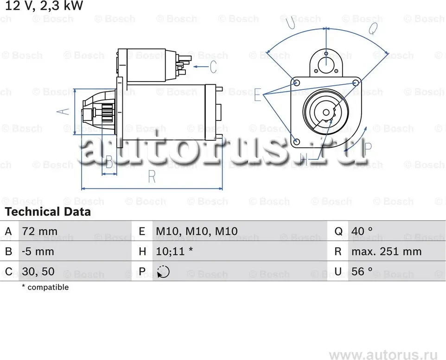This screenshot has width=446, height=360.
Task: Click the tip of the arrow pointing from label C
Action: click(x=193, y=67)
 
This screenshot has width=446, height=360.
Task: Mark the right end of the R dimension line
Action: click(x=223, y=188)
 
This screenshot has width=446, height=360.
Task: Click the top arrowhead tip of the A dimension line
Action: click(x=75, y=89)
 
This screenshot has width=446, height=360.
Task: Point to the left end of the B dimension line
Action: click(x=102, y=174)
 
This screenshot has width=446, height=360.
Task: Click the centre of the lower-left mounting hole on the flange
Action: click(x=296, y=142)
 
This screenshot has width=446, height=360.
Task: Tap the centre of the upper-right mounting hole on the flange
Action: click(x=356, y=83)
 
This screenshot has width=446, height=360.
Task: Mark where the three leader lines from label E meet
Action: click(x=264, y=95)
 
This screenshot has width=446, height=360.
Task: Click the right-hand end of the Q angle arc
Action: click(x=388, y=53)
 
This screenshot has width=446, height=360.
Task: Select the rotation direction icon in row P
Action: click(x=163, y=272)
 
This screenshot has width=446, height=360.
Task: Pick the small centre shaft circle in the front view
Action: click(x=326, y=113)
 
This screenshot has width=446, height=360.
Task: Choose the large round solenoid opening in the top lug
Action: click(x=326, y=65)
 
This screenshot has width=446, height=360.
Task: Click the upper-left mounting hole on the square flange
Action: click(x=296, y=83)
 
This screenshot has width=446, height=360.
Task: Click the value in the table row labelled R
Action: click(x=387, y=252)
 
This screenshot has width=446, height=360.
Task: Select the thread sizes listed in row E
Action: click(x=197, y=231)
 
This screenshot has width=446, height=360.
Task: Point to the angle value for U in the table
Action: click(x=362, y=272)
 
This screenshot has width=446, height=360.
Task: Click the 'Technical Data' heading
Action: click(x=48, y=212)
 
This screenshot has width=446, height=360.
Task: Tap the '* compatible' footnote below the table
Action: click(x=45, y=287)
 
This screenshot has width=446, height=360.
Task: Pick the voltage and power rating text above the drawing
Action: click(x=44, y=6)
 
